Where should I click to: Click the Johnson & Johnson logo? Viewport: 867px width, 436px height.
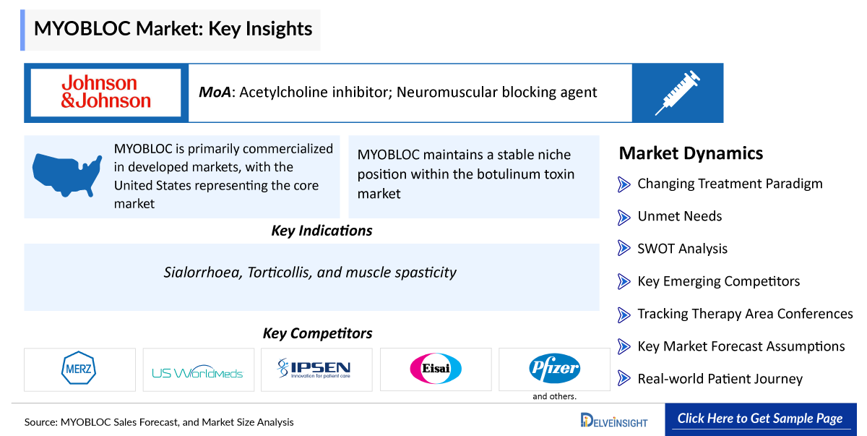[105, 93]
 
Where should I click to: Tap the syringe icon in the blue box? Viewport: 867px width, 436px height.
[677, 93]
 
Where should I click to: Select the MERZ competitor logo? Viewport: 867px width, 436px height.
[79, 369]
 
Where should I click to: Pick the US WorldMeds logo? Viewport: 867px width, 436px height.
[198, 373]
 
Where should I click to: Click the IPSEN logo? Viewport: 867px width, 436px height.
[316, 369]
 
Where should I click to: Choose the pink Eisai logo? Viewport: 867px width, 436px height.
[435, 369]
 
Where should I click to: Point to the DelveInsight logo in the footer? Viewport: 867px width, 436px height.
[614, 421]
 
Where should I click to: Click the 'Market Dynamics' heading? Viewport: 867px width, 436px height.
[691, 153]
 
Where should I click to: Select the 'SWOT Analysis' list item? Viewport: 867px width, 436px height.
[682, 249]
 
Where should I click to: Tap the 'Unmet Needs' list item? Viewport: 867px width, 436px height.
[679, 216]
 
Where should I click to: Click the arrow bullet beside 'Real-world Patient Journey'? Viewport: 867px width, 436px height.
[624, 379]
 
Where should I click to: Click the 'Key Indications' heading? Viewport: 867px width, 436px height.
[322, 231]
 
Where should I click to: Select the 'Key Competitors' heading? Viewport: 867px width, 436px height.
[317, 333]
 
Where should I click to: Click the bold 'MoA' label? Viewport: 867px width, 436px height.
[215, 93]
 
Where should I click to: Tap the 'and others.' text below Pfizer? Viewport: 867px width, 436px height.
[554, 396]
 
